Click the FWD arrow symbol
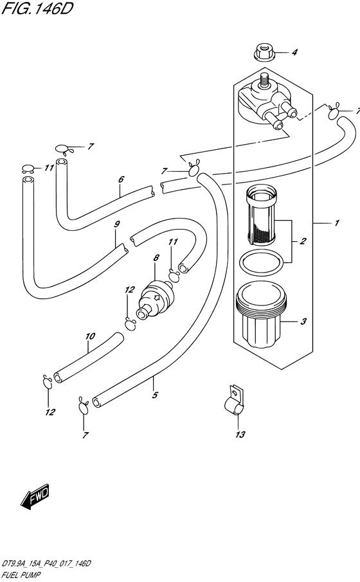click(35, 496)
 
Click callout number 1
click(337, 223)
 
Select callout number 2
click(303, 241)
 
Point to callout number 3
click(303, 321)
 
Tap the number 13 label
click(240, 434)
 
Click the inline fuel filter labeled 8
click(155, 298)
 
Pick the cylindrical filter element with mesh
click(260, 217)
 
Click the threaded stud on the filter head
click(265, 80)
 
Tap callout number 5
click(155, 395)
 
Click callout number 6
click(121, 179)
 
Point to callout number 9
click(117, 224)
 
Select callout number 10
click(90, 336)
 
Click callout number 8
click(156, 257)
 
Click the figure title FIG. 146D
click(37, 9)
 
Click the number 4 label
click(294, 52)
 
